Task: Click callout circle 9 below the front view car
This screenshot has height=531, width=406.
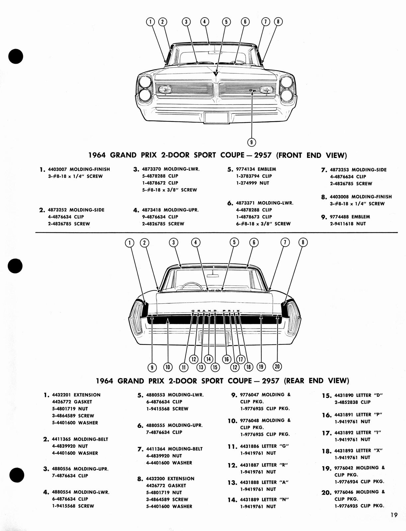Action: click(252, 142)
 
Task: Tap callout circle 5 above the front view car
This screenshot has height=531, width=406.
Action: click(226, 22)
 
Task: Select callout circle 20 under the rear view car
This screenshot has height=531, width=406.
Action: click(277, 366)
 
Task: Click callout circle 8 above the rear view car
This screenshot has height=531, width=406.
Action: click(303, 242)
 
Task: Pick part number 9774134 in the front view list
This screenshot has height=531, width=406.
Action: click(245, 169)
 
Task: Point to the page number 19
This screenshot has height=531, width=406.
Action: click(394, 515)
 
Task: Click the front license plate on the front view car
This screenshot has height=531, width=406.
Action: click(216, 118)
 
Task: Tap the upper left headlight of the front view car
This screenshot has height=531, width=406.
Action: click(145, 82)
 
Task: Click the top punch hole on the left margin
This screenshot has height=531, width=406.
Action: click(16, 56)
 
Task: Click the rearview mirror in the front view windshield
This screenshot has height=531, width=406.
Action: click(215, 52)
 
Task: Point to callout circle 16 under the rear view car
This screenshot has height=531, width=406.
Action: click(227, 359)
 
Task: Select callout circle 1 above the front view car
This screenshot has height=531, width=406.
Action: click(150, 22)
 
